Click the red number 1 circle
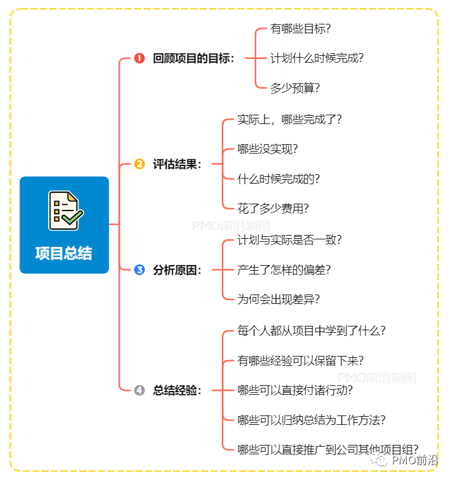pyautogui.click(x=139, y=58)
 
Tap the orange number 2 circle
pyautogui.click(x=139, y=164)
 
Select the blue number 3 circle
pyautogui.click(x=139, y=270)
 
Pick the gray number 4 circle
pyautogui.click(x=139, y=390)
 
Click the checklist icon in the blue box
pyautogui.click(x=65, y=211)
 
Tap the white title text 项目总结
pyautogui.click(x=64, y=253)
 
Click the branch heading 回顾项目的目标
pyautogui.click(x=194, y=58)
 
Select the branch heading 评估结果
pyautogui.click(x=177, y=164)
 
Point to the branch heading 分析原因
pyautogui.click(x=177, y=270)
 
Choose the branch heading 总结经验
pyautogui.click(x=177, y=390)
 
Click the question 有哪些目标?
pyautogui.click(x=301, y=28)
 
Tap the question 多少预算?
pyautogui.click(x=295, y=88)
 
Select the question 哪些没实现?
pyautogui.click(x=268, y=149)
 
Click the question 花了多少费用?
pyautogui.click(x=273, y=209)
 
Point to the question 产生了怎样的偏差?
pyautogui.click(x=284, y=270)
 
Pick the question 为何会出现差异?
pyautogui.click(x=279, y=300)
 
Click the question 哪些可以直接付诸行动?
pyautogui.click(x=295, y=390)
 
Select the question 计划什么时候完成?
pyautogui.click(x=317, y=58)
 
